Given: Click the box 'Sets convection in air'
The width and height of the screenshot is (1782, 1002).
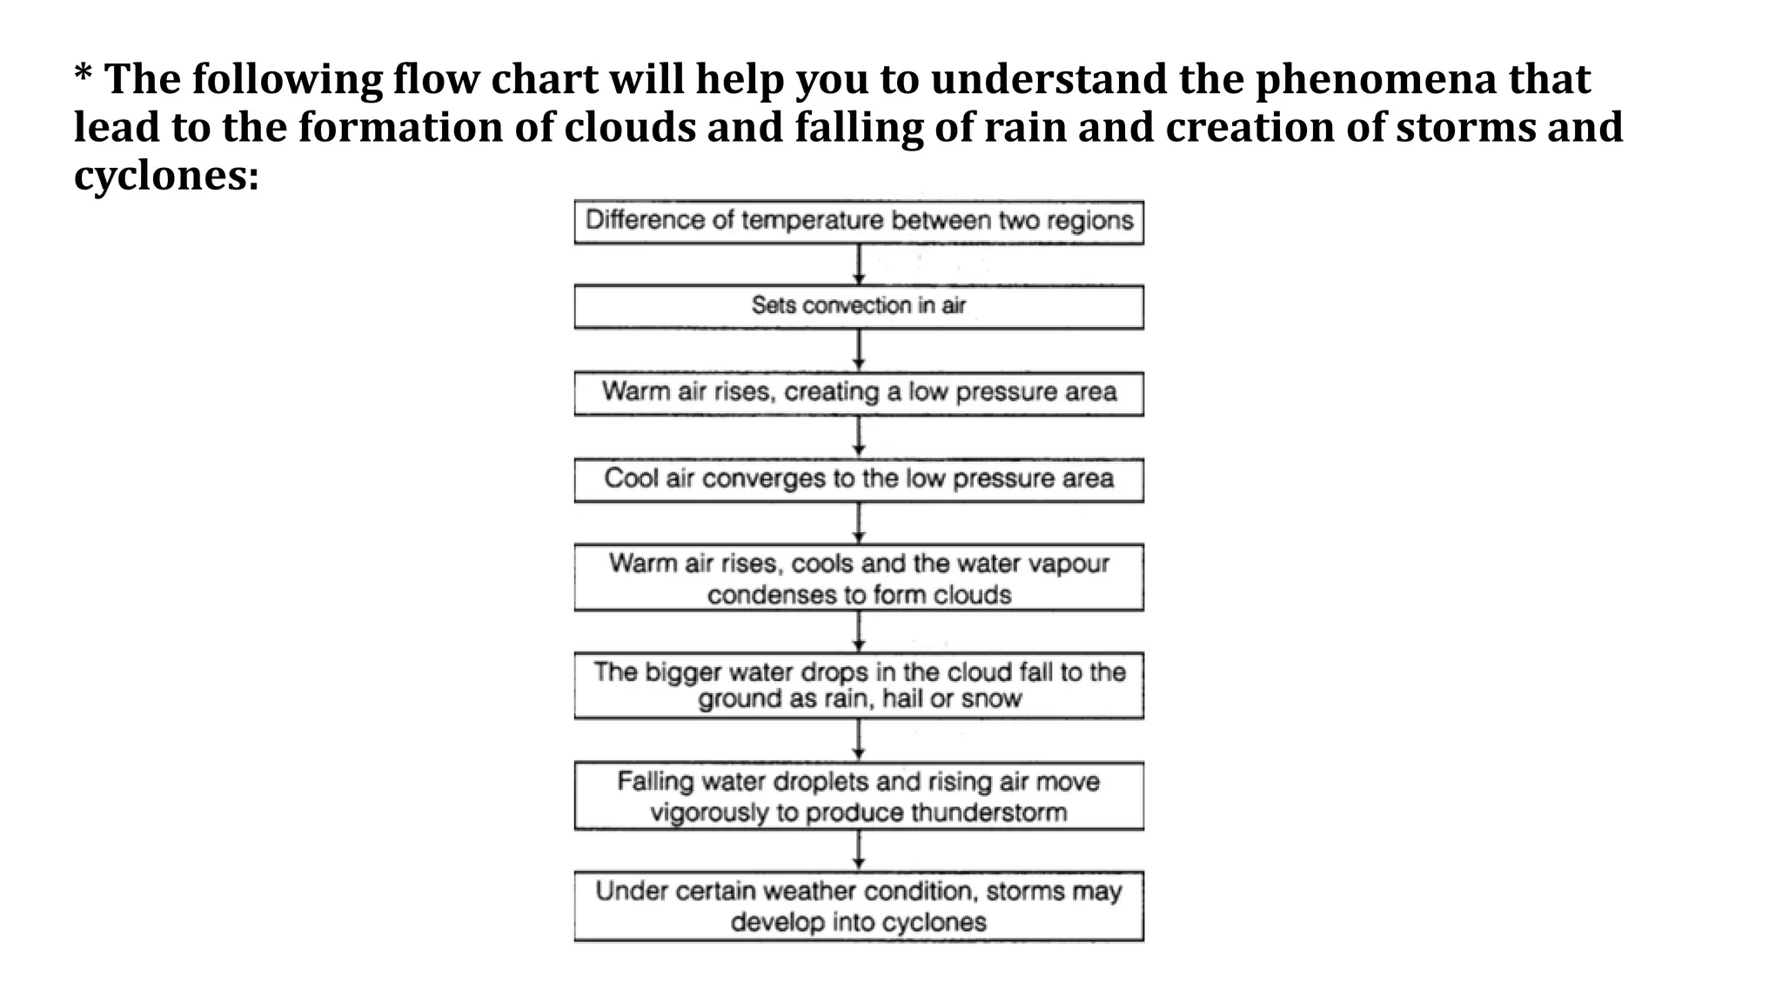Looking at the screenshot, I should point(858,307).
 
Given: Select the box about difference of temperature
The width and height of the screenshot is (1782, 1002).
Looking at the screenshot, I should point(858,221).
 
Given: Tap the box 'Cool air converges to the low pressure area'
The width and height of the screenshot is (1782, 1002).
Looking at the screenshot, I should point(858,479).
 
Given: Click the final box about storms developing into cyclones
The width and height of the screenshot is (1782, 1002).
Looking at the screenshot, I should point(858,906).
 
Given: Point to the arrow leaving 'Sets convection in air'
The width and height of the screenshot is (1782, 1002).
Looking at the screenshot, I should point(859,350).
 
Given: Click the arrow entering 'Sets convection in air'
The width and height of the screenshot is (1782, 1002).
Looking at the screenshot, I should point(859,264).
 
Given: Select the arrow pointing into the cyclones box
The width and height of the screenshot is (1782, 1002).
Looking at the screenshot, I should point(859,851).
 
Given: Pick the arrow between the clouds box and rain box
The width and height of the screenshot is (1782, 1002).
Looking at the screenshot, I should point(859,631).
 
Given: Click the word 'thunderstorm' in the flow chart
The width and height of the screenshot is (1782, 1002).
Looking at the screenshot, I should point(980,813).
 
